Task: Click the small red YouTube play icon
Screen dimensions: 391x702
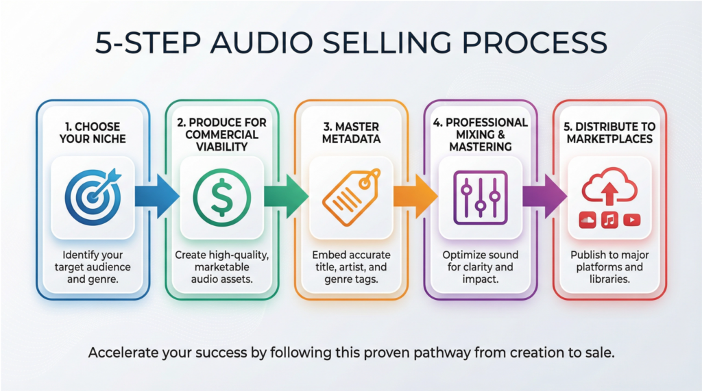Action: pos(632,220)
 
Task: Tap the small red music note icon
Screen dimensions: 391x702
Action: pos(610,220)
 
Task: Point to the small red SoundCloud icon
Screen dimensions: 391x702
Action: pos(588,220)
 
